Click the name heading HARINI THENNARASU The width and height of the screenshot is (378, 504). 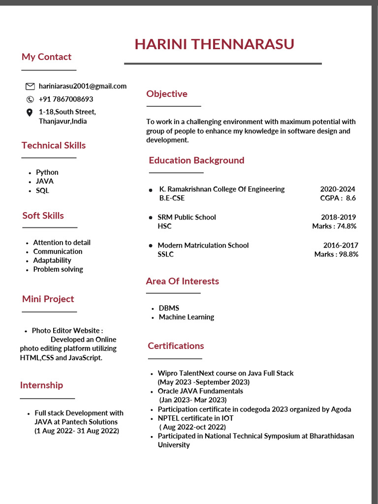214,44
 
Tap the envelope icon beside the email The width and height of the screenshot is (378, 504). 30,86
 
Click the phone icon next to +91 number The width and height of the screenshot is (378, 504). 30,99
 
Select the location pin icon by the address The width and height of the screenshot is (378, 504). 30,112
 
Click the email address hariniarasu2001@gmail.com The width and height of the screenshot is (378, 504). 82,86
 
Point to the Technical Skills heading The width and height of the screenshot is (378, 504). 54,145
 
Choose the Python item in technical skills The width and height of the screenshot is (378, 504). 47,172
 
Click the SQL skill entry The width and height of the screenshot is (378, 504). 42,190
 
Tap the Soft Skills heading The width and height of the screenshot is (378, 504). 43,216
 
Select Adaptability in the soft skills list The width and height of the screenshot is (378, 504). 52,260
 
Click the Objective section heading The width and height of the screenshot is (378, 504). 167,94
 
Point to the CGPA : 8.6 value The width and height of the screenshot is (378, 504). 338,198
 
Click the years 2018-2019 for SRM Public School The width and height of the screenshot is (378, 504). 338,217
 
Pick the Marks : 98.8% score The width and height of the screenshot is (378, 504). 336,254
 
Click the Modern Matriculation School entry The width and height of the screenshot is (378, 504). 203,245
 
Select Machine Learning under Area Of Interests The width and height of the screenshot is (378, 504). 186,317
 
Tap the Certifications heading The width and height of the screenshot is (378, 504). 176,346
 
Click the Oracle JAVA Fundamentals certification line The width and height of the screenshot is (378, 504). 200,391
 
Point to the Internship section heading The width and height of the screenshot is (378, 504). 41,385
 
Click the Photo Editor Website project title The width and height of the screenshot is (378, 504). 67,331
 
